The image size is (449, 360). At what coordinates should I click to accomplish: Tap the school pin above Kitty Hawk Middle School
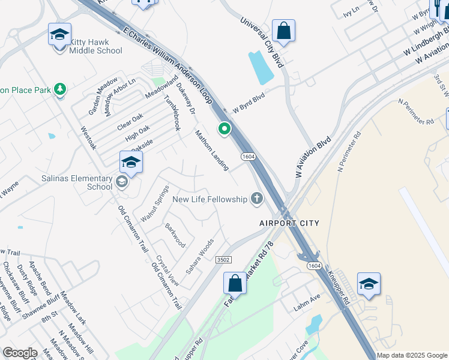pos(60,35)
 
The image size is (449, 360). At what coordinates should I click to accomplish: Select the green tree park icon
pos(60,90)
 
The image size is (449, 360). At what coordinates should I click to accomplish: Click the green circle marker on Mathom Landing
pos(225,128)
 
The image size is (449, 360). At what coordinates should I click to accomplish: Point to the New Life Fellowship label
pos(209,199)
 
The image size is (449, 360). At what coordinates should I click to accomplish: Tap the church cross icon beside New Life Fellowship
pos(257,199)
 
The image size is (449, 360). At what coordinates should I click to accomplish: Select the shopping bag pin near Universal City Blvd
pos(283,31)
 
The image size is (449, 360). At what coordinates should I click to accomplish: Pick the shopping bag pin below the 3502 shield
pos(235,284)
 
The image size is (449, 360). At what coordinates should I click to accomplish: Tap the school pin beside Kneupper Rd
pos(369,284)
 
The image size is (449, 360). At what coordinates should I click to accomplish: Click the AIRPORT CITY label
pos(289,223)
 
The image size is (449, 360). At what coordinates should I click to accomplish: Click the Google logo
pos(20,353)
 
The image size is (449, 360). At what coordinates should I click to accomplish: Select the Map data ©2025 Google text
pos(412,355)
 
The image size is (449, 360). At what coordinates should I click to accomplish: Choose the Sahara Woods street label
pos(200,257)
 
